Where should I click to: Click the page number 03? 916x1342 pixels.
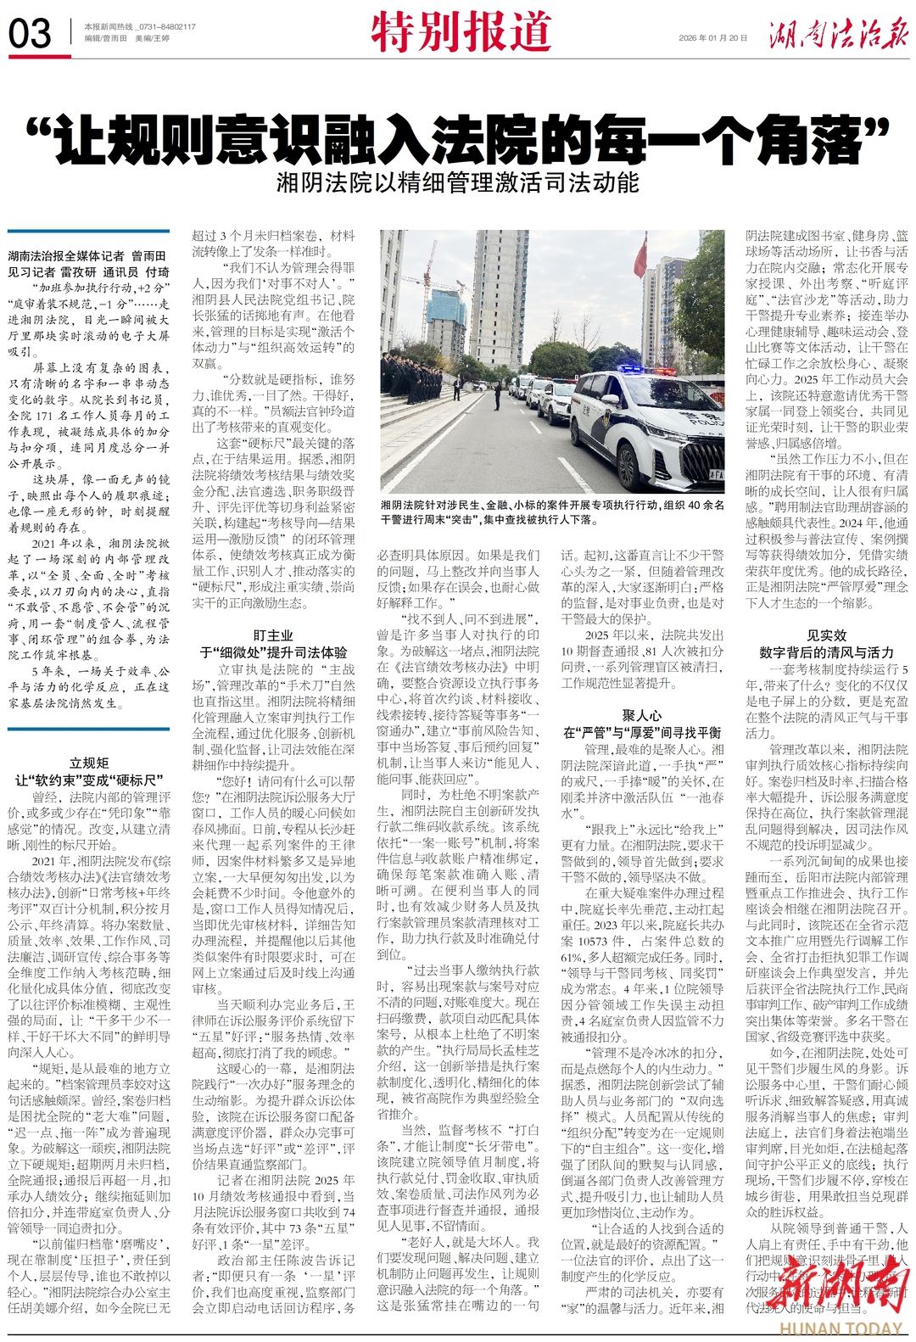pyautogui.click(x=30, y=34)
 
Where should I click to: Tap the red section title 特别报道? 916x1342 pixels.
pyautogui.click(x=461, y=32)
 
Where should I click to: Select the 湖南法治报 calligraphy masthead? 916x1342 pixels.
pyautogui.click(x=838, y=34)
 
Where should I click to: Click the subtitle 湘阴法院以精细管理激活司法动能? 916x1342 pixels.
pyautogui.click(x=458, y=182)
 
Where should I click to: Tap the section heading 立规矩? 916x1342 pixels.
pyautogui.click(x=89, y=763)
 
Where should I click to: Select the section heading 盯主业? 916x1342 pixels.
pyautogui.click(x=273, y=635)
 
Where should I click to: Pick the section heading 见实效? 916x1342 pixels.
pyautogui.click(x=826, y=635)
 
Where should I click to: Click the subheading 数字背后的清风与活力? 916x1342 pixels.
pyautogui.click(x=826, y=652)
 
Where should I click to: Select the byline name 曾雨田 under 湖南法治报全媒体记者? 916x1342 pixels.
pyautogui.click(x=148, y=255)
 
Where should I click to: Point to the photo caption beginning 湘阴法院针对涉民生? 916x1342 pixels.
pyautogui.click(x=551, y=512)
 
